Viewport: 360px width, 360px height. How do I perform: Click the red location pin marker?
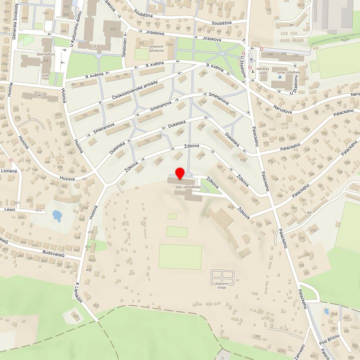pos(180,174)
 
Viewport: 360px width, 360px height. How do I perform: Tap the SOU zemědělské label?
pos(187,187)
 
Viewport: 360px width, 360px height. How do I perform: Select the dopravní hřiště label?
pos(221,285)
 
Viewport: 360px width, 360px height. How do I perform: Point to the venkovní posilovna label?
pos(146,48)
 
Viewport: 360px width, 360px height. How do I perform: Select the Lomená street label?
pos(9,171)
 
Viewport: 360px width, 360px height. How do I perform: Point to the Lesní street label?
pos(9,210)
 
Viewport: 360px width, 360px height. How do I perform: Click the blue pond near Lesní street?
pos(57,215)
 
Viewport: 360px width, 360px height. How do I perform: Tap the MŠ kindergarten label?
pos(40,94)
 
